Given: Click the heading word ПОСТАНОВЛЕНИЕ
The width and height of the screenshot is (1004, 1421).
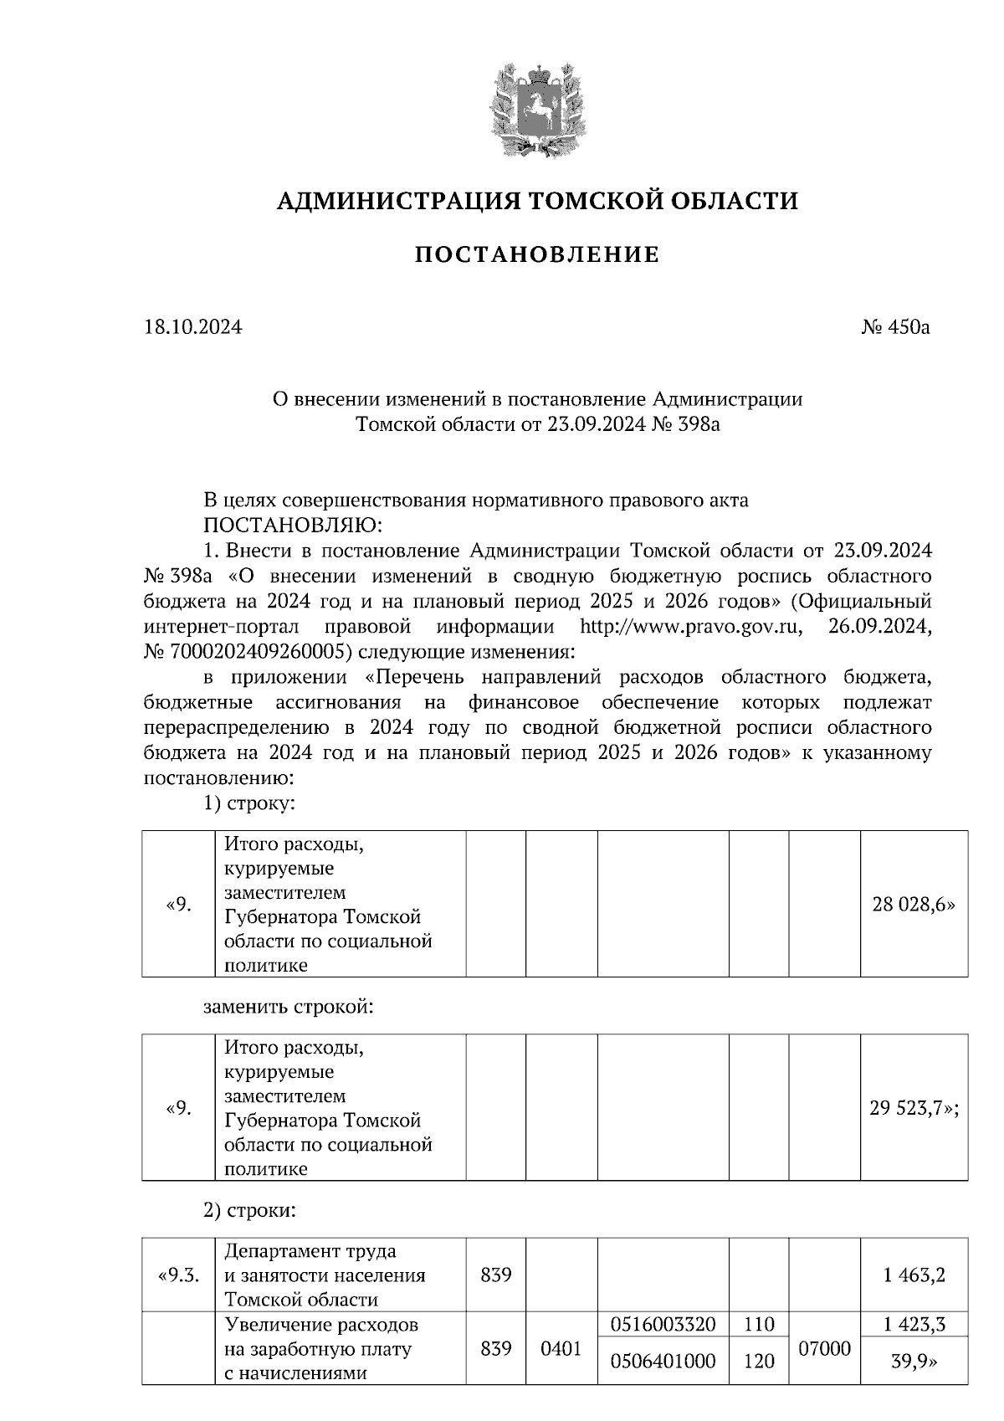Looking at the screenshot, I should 537,254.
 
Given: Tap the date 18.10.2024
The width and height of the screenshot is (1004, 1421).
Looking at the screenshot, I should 193,327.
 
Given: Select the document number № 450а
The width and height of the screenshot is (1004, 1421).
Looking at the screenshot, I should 896,327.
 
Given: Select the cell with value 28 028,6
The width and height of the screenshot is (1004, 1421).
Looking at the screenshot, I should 913,905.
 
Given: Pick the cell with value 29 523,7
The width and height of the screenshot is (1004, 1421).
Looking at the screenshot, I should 913,1109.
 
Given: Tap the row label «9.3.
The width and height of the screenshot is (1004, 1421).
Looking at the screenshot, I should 178,1276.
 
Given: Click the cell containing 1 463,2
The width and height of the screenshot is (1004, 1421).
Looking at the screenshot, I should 914,1276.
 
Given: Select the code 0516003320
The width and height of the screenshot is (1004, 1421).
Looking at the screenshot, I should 663,1325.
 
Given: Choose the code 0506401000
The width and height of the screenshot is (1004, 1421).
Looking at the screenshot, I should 663,1362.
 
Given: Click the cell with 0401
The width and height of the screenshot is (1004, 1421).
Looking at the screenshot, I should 561,1349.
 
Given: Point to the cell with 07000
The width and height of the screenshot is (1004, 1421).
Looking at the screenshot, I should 824,1349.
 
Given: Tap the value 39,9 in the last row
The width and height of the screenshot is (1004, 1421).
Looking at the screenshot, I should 914,1362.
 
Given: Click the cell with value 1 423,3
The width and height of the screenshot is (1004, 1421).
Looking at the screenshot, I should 914,1325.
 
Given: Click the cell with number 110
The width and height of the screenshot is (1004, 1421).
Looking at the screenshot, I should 759,1325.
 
